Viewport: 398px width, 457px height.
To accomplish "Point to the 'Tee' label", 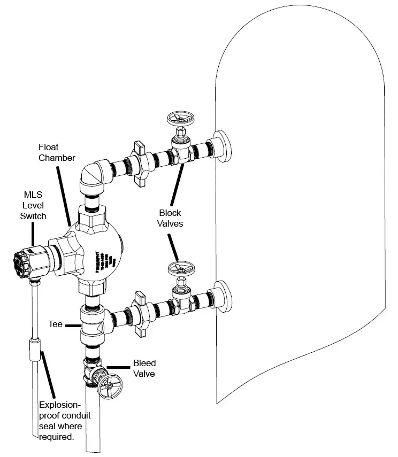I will tap(56, 324).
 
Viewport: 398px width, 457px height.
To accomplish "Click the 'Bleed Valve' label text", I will tap(144, 369).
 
